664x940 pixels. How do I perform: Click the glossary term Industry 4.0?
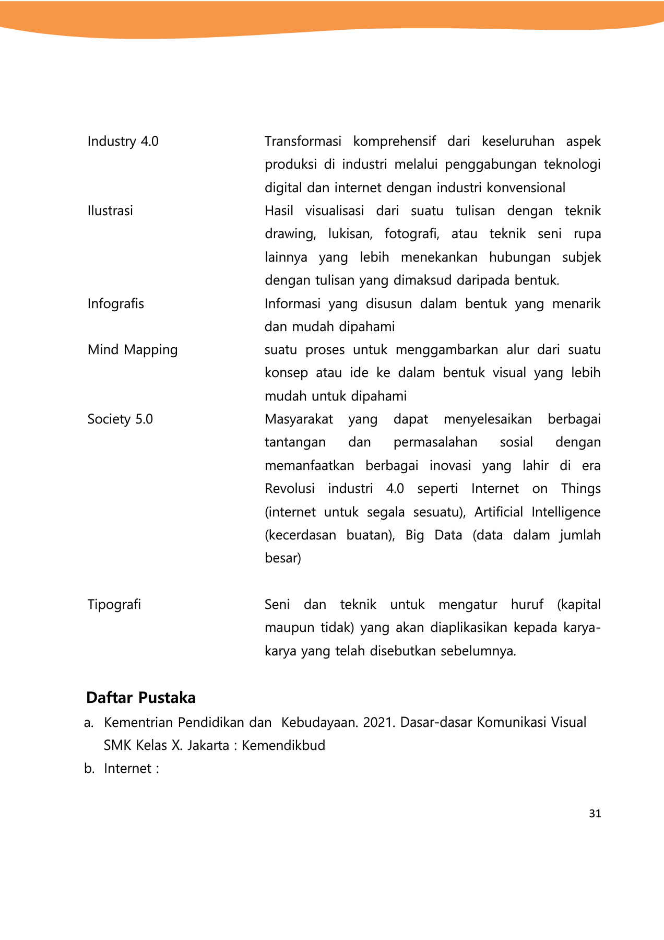tap(123, 142)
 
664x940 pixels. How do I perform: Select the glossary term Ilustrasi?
tap(110, 211)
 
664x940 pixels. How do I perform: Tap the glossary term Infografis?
tap(115, 304)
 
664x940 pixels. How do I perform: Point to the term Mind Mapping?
tap(133, 350)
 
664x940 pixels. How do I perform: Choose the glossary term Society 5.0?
tap(120, 419)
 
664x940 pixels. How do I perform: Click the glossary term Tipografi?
tap(114, 605)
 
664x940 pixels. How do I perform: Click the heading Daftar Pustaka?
tap(141, 698)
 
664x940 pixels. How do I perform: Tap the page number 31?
tap(595, 814)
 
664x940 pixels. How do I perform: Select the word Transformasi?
tap(303, 142)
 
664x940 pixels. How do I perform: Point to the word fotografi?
tap(412, 234)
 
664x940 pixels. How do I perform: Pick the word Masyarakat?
tap(299, 419)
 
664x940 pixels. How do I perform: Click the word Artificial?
tap(498, 512)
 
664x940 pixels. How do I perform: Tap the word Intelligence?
tap(566, 512)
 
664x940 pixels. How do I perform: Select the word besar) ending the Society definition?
tap(282, 558)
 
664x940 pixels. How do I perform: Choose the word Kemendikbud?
tap(283, 745)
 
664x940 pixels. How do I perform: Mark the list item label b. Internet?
tap(121, 769)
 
